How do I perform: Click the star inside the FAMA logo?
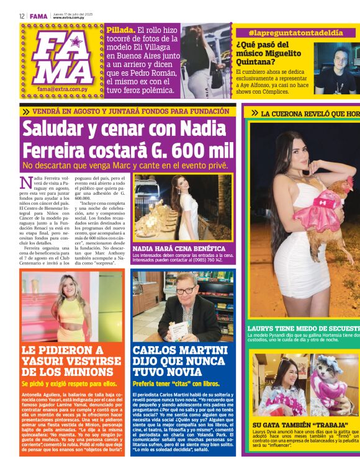[76, 42]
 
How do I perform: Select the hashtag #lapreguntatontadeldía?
[295, 32]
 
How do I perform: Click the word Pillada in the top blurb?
[120, 30]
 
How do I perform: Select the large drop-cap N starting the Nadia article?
[25, 182]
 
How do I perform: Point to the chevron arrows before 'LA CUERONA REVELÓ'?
[254, 114]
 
